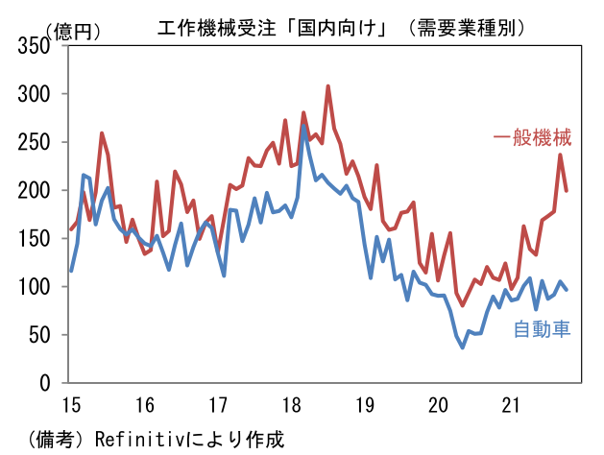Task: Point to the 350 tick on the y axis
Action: (x=35, y=46)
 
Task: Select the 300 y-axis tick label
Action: (x=35, y=94)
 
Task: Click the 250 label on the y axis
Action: (x=35, y=142)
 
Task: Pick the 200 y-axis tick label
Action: (x=35, y=190)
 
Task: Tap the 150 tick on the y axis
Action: (x=35, y=238)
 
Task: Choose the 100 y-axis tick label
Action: (x=35, y=286)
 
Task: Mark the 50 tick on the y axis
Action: (x=39, y=334)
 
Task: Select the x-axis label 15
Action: (x=70, y=402)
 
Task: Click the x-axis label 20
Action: (x=438, y=402)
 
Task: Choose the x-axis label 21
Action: (x=511, y=402)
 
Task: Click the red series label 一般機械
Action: (x=533, y=138)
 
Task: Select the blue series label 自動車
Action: (x=543, y=330)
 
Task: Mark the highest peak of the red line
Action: (x=327, y=86)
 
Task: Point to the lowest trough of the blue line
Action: (x=462, y=347)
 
